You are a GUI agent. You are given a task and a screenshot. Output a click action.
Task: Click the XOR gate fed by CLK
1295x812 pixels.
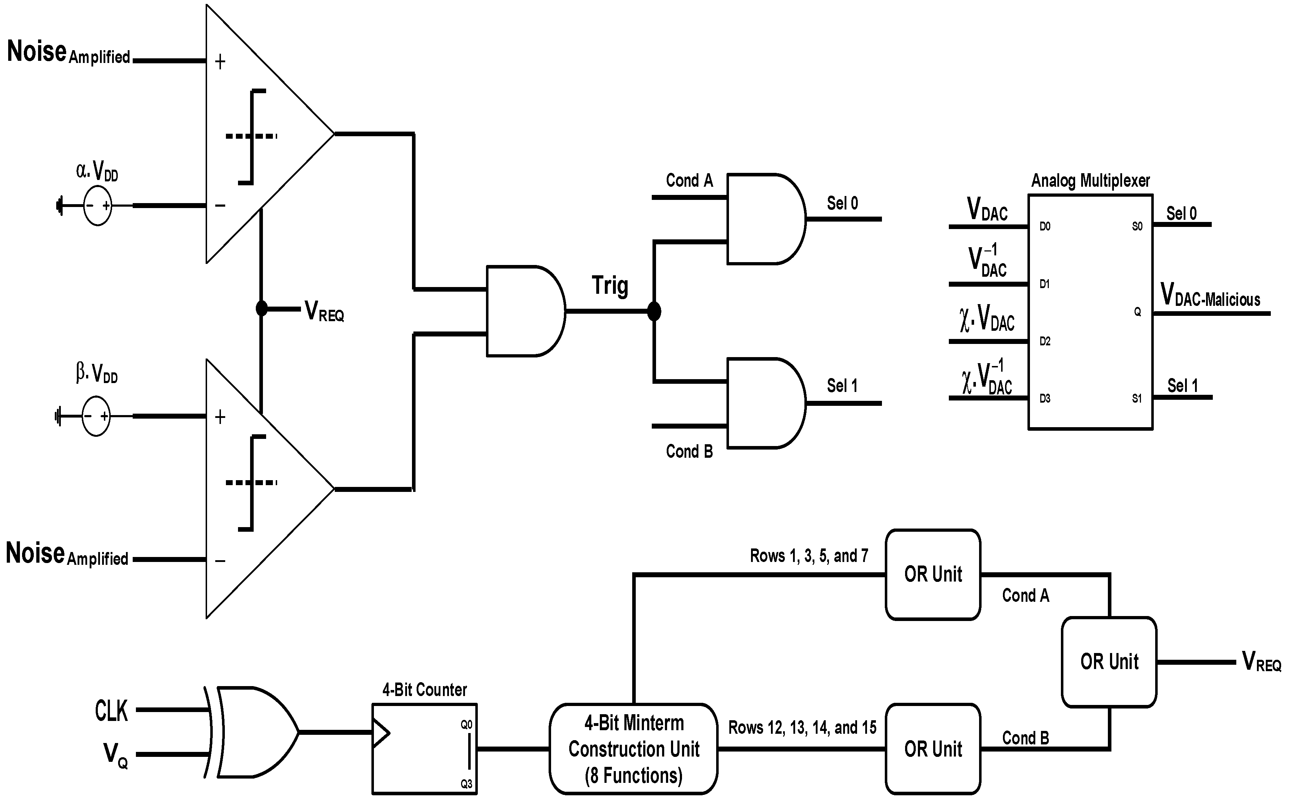point(255,732)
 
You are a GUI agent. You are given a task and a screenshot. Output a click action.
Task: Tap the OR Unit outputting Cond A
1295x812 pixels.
point(932,574)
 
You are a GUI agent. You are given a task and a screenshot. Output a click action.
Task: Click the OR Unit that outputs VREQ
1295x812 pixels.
point(1109,662)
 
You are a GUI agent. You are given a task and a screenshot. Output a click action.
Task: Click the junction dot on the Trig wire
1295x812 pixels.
point(654,311)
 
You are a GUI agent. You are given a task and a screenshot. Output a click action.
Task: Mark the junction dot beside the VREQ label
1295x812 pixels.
point(261,308)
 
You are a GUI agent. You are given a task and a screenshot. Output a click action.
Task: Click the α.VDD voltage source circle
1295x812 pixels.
point(97,206)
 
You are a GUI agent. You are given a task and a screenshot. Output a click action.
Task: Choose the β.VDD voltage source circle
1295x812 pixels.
point(96,416)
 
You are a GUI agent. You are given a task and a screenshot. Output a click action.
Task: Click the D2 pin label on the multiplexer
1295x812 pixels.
point(1044,341)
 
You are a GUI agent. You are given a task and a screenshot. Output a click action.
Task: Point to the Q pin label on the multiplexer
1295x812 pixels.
point(1137,312)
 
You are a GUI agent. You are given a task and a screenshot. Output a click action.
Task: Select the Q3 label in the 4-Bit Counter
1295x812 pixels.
point(466,784)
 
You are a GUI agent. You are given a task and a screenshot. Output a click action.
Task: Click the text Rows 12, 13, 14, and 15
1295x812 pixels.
point(802,728)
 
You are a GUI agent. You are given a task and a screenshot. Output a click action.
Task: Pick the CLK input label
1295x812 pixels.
point(111,711)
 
